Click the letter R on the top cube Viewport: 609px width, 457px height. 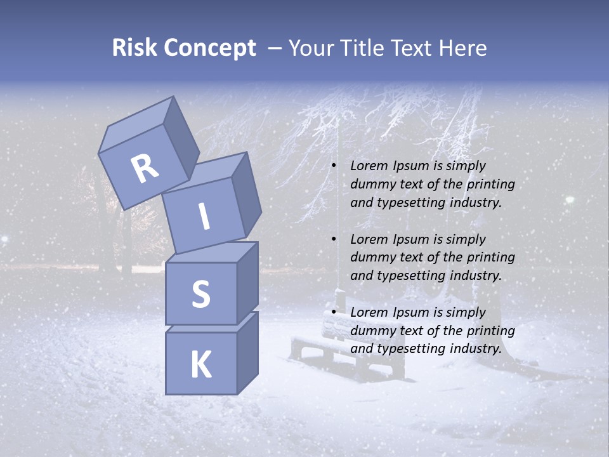pyautogui.click(x=145, y=169)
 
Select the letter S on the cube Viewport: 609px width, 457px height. pyautogui.click(x=200, y=294)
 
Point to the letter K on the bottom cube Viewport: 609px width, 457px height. pyautogui.click(x=200, y=365)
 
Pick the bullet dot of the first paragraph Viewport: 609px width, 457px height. pyautogui.click(x=333, y=166)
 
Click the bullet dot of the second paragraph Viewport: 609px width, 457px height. pyautogui.click(x=333, y=239)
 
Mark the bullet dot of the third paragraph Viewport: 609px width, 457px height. pyautogui.click(x=333, y=312)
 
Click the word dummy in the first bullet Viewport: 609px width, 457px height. pyautogui.click(x=370, y=184)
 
